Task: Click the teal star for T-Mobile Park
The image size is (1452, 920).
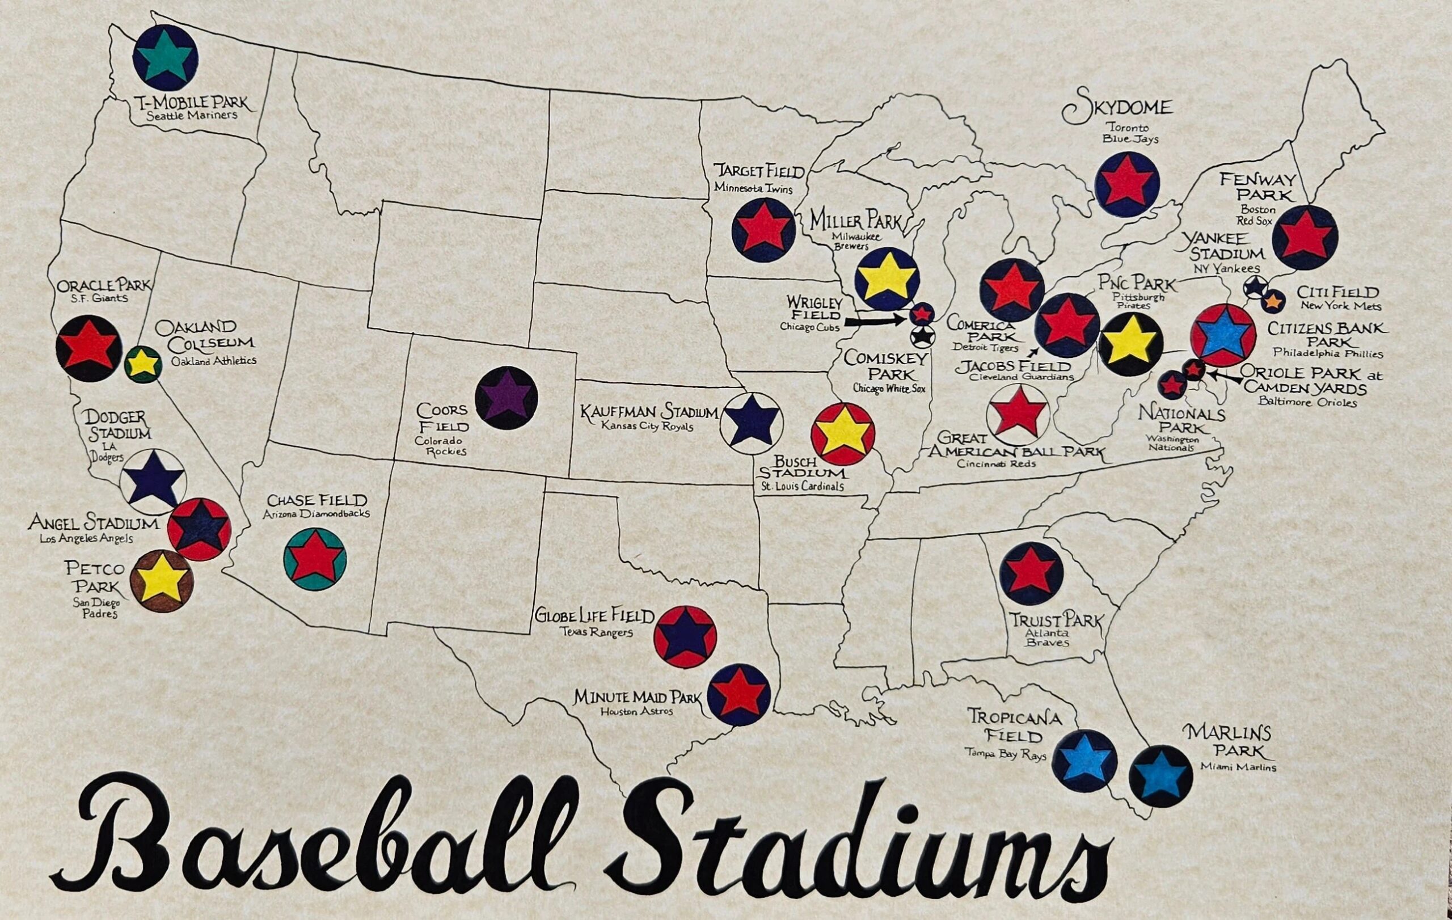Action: (165, 58)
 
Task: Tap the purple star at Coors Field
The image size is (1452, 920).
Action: (506, 398)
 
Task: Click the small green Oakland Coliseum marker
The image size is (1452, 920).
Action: (143, 364)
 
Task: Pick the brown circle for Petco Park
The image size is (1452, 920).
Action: (162, 581)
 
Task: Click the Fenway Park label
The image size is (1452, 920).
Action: (1257, 188)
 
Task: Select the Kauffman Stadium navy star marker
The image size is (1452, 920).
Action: (751, 423)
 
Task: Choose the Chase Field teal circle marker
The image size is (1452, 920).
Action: (314, 559)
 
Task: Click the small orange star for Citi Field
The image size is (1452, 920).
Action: (1272, 299)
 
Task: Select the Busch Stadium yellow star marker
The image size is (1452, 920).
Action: (842, 434)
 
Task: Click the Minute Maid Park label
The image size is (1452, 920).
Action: (638, 698)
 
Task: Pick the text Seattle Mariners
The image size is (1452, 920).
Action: (192, 115)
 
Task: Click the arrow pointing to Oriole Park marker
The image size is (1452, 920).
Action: (1224, 376)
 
